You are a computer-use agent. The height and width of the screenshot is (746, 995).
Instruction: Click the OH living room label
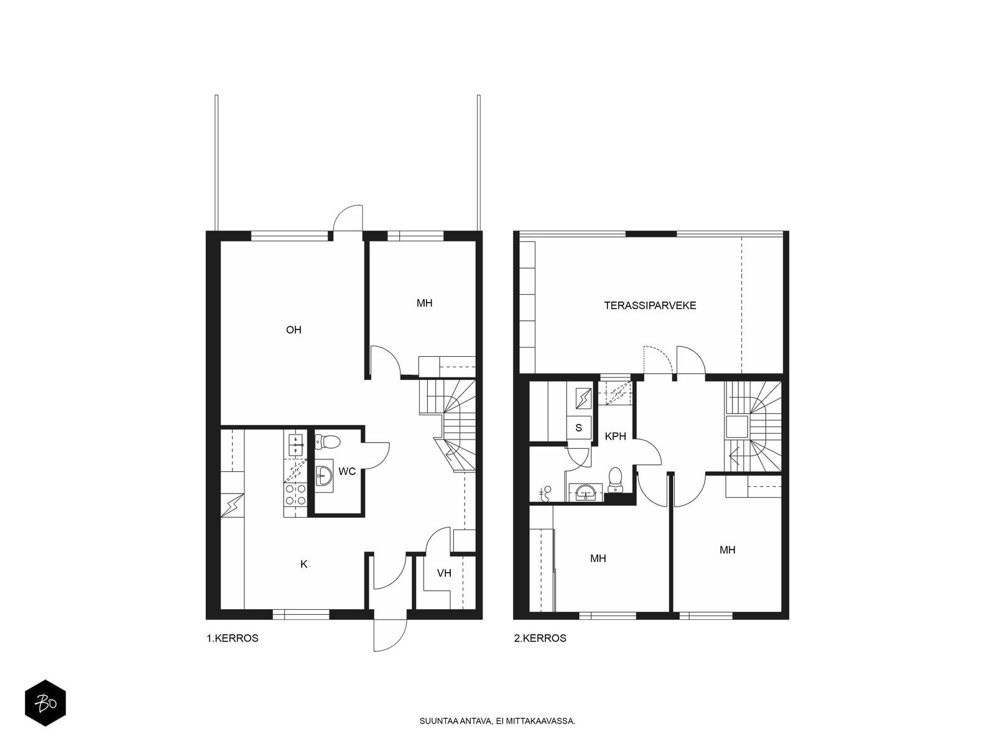point(294,329)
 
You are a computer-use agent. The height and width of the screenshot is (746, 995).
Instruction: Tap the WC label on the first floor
point(347,471)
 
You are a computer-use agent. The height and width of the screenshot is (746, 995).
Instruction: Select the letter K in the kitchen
point(303,564)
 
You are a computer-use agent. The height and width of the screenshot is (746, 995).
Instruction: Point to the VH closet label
point(444,573)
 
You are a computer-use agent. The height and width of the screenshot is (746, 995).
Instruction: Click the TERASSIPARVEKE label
point(650,305)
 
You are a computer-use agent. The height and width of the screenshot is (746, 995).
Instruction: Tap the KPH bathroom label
point(615,436)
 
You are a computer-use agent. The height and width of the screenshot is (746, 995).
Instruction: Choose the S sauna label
point(578,428)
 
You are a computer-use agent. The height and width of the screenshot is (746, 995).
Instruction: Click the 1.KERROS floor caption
point(233,638)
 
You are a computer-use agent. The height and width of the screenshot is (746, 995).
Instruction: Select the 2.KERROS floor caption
point(540,638)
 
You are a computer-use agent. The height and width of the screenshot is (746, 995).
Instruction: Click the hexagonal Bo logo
point(45,703)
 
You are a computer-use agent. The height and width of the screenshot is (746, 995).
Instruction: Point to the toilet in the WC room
point(327,441)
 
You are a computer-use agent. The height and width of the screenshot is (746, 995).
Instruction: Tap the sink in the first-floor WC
point(323,474)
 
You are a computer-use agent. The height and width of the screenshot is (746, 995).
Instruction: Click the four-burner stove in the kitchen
point(295,494)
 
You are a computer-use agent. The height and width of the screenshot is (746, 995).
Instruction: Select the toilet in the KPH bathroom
point(614,479)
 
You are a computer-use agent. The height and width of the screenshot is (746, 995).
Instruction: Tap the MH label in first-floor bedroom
point(424,303)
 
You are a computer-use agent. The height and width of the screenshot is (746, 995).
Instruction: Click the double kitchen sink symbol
point(295,444)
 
